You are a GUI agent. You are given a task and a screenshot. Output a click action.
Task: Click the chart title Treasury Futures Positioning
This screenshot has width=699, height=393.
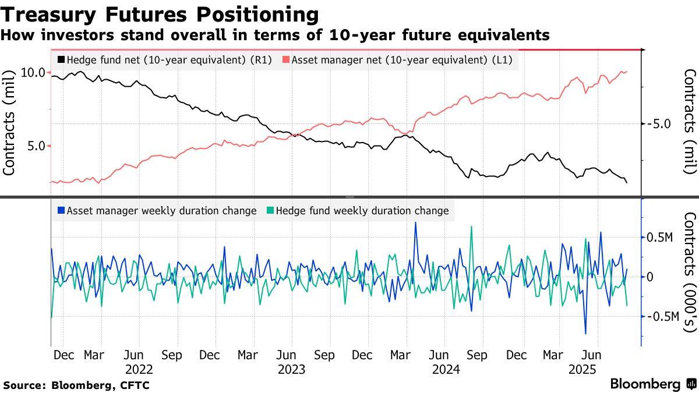(x=160, y=14)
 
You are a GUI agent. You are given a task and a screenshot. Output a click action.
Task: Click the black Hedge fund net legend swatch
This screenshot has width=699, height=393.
(x=61, y=59)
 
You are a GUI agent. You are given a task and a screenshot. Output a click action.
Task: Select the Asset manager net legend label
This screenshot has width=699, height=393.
(x=401, y=59)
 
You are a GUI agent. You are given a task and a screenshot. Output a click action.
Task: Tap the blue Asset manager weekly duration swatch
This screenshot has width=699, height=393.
(x=61, y=211)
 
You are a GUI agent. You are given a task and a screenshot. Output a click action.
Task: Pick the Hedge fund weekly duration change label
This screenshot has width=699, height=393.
(x=362, y=211)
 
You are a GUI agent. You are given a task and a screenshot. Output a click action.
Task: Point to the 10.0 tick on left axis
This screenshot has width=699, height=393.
(x=33, y=72)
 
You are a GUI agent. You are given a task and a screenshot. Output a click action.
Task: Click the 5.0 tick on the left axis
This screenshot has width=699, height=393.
(x=36, y=146)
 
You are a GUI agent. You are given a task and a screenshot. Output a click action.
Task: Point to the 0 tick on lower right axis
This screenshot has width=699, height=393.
(x=650, y=277)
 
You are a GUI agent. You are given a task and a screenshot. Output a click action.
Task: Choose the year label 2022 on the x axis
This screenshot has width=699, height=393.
(x=139, y=369)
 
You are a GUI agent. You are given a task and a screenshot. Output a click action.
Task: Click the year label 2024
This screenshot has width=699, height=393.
(x=446, y=369)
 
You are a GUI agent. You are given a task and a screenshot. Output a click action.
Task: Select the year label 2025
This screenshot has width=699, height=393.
(x=582, y=369)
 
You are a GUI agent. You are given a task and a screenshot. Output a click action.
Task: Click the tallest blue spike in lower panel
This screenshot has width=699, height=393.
(x=416, y=223)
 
